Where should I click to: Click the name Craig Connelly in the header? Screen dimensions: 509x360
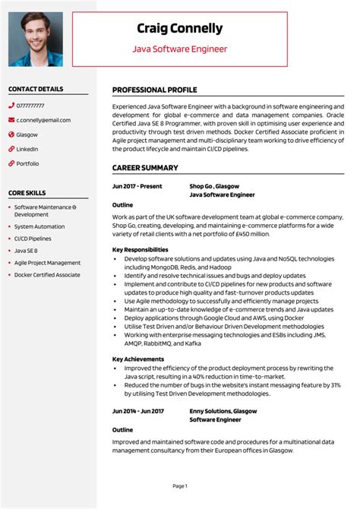180,29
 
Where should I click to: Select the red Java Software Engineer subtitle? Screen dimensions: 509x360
180,49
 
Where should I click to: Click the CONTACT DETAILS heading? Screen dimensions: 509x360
36,90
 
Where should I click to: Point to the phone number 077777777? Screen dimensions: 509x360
30,106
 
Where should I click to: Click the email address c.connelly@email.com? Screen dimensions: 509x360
43,120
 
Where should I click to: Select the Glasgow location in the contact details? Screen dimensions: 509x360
27,134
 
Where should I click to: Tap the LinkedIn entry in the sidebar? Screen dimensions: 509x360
27,149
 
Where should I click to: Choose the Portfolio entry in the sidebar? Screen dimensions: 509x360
28,163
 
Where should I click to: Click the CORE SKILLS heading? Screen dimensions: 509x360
27,194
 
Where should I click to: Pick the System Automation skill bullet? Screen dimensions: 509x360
39,226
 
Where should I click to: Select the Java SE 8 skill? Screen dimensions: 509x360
26,250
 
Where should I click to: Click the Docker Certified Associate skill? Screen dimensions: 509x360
47,274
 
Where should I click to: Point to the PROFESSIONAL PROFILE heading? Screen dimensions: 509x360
155,90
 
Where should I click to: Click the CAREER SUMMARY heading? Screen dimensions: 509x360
145,168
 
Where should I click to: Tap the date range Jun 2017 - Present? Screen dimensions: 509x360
137,185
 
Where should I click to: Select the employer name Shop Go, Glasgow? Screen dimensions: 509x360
214,185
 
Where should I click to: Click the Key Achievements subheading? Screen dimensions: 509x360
138,359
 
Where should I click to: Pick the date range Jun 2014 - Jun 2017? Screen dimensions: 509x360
138,410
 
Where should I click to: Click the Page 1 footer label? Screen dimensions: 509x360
180,485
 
